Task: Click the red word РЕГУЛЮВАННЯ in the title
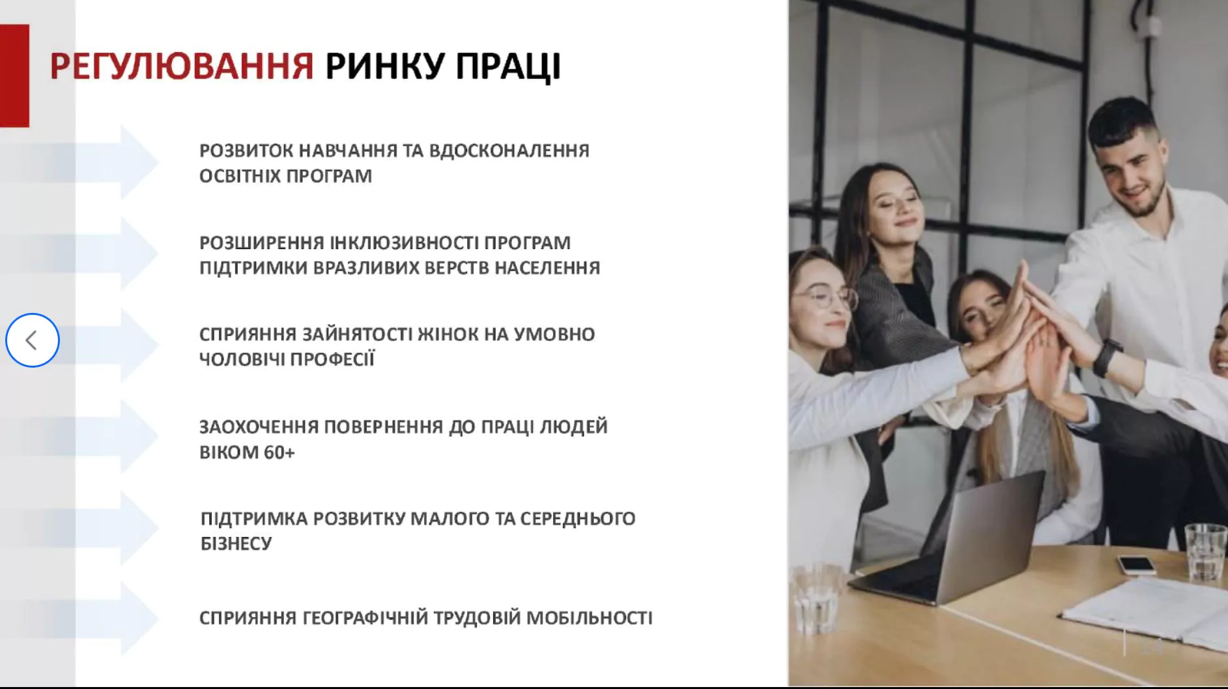pyautogui.click(x=182, y=66)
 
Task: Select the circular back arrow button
pyautogui.click(x=33, y=340)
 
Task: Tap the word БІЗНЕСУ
pyautogui.click(x=236, y=544)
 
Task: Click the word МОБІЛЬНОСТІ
pyautogui.click(x=589, y=617)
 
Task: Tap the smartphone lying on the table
pyautogui.click(x=1137, y=564)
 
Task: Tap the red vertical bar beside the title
pyautogui.click(x=14, y=76)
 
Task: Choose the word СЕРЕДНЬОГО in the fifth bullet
pyautogui.click(x=577, y=519)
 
